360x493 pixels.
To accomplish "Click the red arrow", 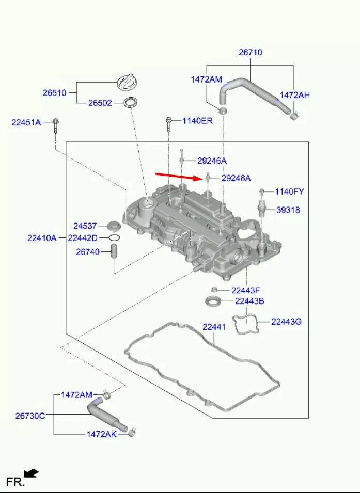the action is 178,177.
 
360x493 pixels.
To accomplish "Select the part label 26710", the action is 251,52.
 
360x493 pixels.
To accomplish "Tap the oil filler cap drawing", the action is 126,83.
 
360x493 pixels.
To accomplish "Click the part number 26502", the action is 100,103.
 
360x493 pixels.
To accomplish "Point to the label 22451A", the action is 26,122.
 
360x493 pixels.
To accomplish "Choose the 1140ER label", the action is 198,121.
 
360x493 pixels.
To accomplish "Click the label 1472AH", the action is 294,95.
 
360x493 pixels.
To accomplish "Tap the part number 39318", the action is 288,210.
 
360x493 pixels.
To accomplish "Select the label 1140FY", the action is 290,192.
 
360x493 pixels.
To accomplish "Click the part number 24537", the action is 85,226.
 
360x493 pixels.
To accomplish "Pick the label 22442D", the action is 83,238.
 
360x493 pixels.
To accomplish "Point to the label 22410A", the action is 42,238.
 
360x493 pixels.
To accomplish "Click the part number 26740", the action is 88,252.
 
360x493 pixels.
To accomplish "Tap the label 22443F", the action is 246,291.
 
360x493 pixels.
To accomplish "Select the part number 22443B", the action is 249,301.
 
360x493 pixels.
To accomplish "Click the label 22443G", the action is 286,322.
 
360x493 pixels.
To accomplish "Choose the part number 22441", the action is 214,327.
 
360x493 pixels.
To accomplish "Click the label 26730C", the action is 30,416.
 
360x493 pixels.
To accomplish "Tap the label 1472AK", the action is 102,434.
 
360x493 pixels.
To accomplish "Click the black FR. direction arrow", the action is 31,473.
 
